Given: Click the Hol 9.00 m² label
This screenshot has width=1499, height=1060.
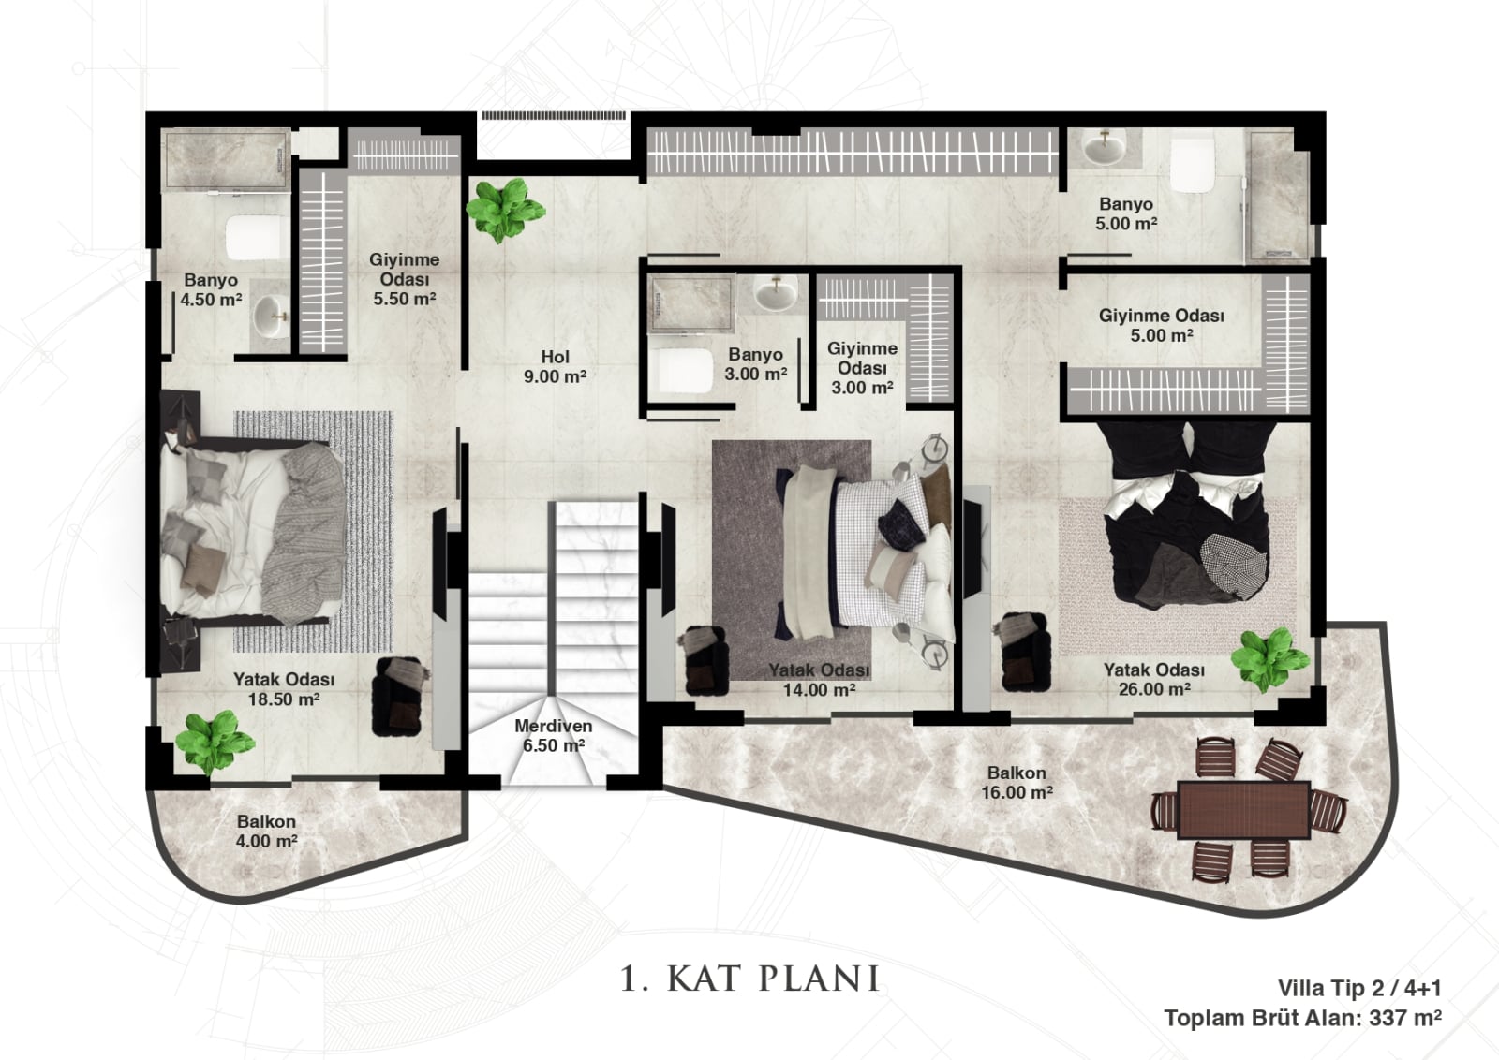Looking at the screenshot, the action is point(555,366).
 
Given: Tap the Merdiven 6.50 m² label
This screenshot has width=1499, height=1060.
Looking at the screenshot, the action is point(554,736).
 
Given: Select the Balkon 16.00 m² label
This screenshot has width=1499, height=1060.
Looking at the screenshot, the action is point(1017,783).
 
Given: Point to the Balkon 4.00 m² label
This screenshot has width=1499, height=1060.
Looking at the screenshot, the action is point(266,832).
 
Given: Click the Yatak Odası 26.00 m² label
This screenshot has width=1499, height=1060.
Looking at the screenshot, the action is point(1154,679).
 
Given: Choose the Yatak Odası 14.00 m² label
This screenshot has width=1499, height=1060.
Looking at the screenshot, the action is point(819,680).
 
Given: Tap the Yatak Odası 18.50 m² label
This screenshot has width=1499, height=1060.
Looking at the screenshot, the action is point(284,689).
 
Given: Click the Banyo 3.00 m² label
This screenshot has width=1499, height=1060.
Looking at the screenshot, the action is point(755,364).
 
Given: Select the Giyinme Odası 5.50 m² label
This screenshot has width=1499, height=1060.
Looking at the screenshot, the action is point(404,279).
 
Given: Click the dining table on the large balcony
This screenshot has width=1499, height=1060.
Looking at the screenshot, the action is point(1243,810).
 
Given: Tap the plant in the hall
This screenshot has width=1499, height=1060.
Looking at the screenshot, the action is point(505,210).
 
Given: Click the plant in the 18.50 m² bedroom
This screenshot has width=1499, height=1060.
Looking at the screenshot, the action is point(215,743).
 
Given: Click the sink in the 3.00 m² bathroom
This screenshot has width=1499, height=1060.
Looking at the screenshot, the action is point(776,291).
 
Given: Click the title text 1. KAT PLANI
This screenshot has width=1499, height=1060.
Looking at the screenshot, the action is point(749,979).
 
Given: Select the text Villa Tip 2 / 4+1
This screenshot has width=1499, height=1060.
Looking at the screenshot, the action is point(1359,988).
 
